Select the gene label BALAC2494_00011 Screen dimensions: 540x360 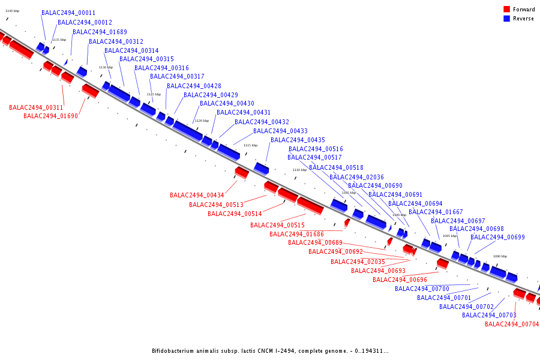coord(68,13)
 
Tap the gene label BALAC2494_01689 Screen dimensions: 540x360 coord(100,32)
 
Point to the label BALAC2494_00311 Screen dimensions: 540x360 coord(36,108)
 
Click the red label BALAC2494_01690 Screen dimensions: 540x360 coord(50,116)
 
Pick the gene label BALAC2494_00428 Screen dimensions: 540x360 coord(194,86)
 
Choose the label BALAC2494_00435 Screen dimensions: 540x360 coord(298,140)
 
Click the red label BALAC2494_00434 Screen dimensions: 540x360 coord(197,196)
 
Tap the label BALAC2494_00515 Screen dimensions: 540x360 coord(277,226)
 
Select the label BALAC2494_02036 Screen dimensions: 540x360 coord(356,177)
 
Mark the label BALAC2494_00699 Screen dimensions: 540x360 coord(497,238)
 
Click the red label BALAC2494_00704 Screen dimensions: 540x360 coord(512,325)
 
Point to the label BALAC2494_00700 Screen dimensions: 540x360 coord(422,289)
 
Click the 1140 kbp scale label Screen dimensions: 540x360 coord(12,11)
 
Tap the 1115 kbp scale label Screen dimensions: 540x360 coord(250,145)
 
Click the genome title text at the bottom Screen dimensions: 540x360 coord(270,351)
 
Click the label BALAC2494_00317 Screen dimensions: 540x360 coord(177,77)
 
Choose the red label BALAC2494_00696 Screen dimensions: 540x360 coord(400,280)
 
